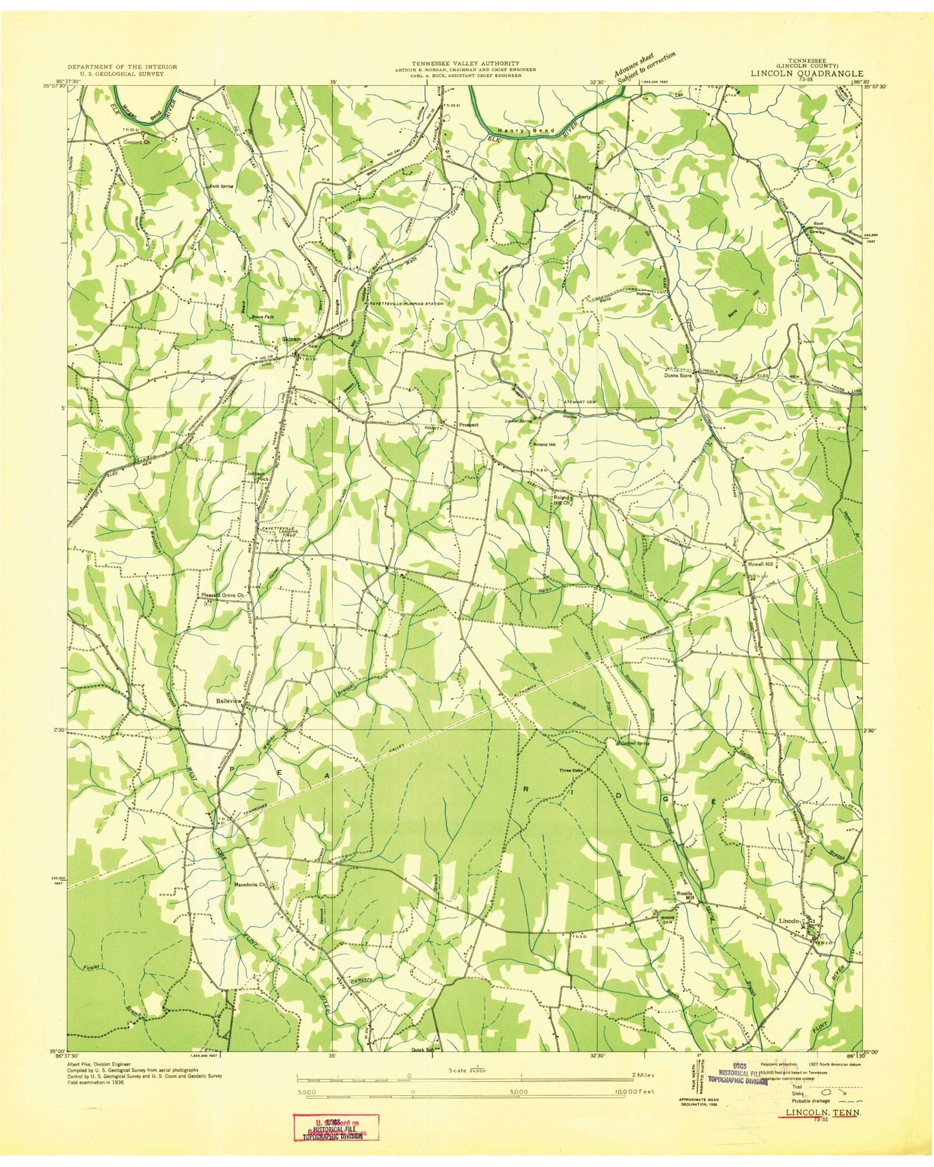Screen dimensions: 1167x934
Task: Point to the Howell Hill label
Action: (x=761, y=564)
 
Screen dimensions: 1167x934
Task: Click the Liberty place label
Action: (x=583, y=196)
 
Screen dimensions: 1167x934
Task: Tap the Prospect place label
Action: (x=469, y=425)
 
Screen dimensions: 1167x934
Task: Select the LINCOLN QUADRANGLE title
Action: (x=806, y=74)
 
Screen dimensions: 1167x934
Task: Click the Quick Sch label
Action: (x=423, y=1068)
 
